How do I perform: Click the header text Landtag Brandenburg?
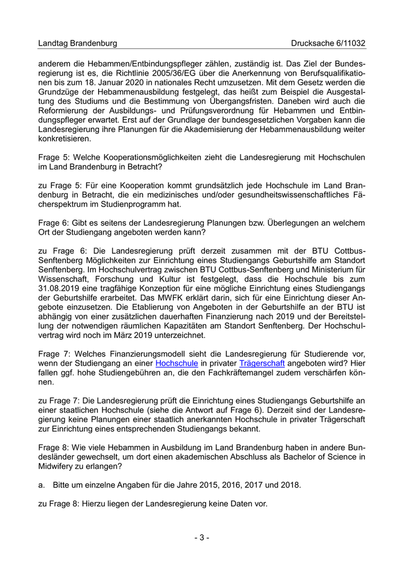77,43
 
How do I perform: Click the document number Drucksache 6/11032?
328,43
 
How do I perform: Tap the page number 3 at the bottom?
201,538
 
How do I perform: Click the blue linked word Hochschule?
177,363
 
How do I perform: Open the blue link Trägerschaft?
262,363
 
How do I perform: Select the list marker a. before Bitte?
42,484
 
